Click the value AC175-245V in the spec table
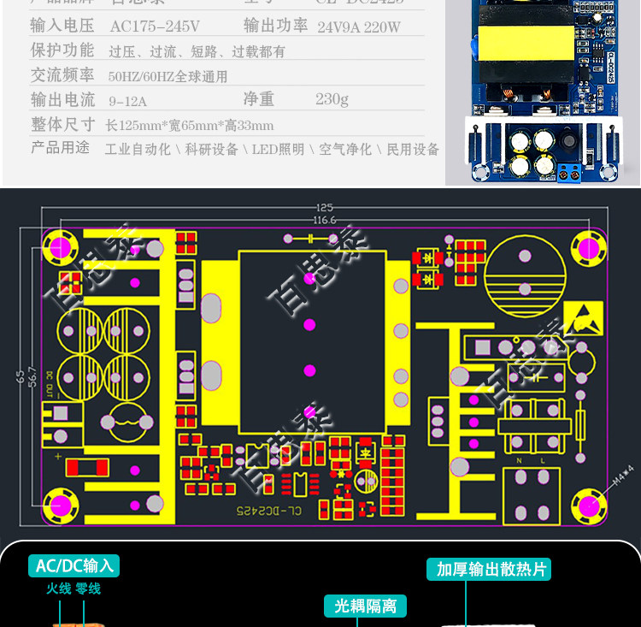click(x=155, y=27)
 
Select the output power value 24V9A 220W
click(x=359, y=27)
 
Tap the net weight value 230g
click(x=332, y=99)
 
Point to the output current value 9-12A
click(x=128, y=101)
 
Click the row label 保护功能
click(x=62, y=50)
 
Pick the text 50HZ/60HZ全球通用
click(x=168, y=77)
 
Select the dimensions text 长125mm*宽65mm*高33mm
click(x=189, y=126)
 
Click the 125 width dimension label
click(x=325, y=208)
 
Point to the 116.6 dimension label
click(x=325, y=221)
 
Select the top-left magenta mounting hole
click(x=62, y=246)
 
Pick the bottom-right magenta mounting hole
click(x=588, y=506)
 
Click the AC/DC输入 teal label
click(x=74, y=565)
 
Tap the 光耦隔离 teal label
click(x=365, y=606)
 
